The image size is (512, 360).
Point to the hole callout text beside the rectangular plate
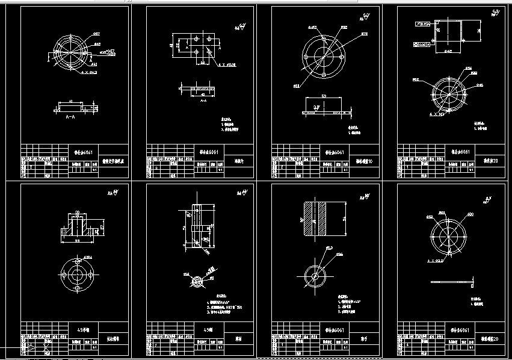[x=227, y=64]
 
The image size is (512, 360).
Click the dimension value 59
[x=323, y=96]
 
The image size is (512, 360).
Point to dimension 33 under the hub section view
[x=77, y=241]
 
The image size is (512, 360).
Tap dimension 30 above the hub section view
[x=77, y=212]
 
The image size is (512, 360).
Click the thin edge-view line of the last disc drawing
[x=449, y=281]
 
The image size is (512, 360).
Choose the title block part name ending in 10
[x=363, y=161]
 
